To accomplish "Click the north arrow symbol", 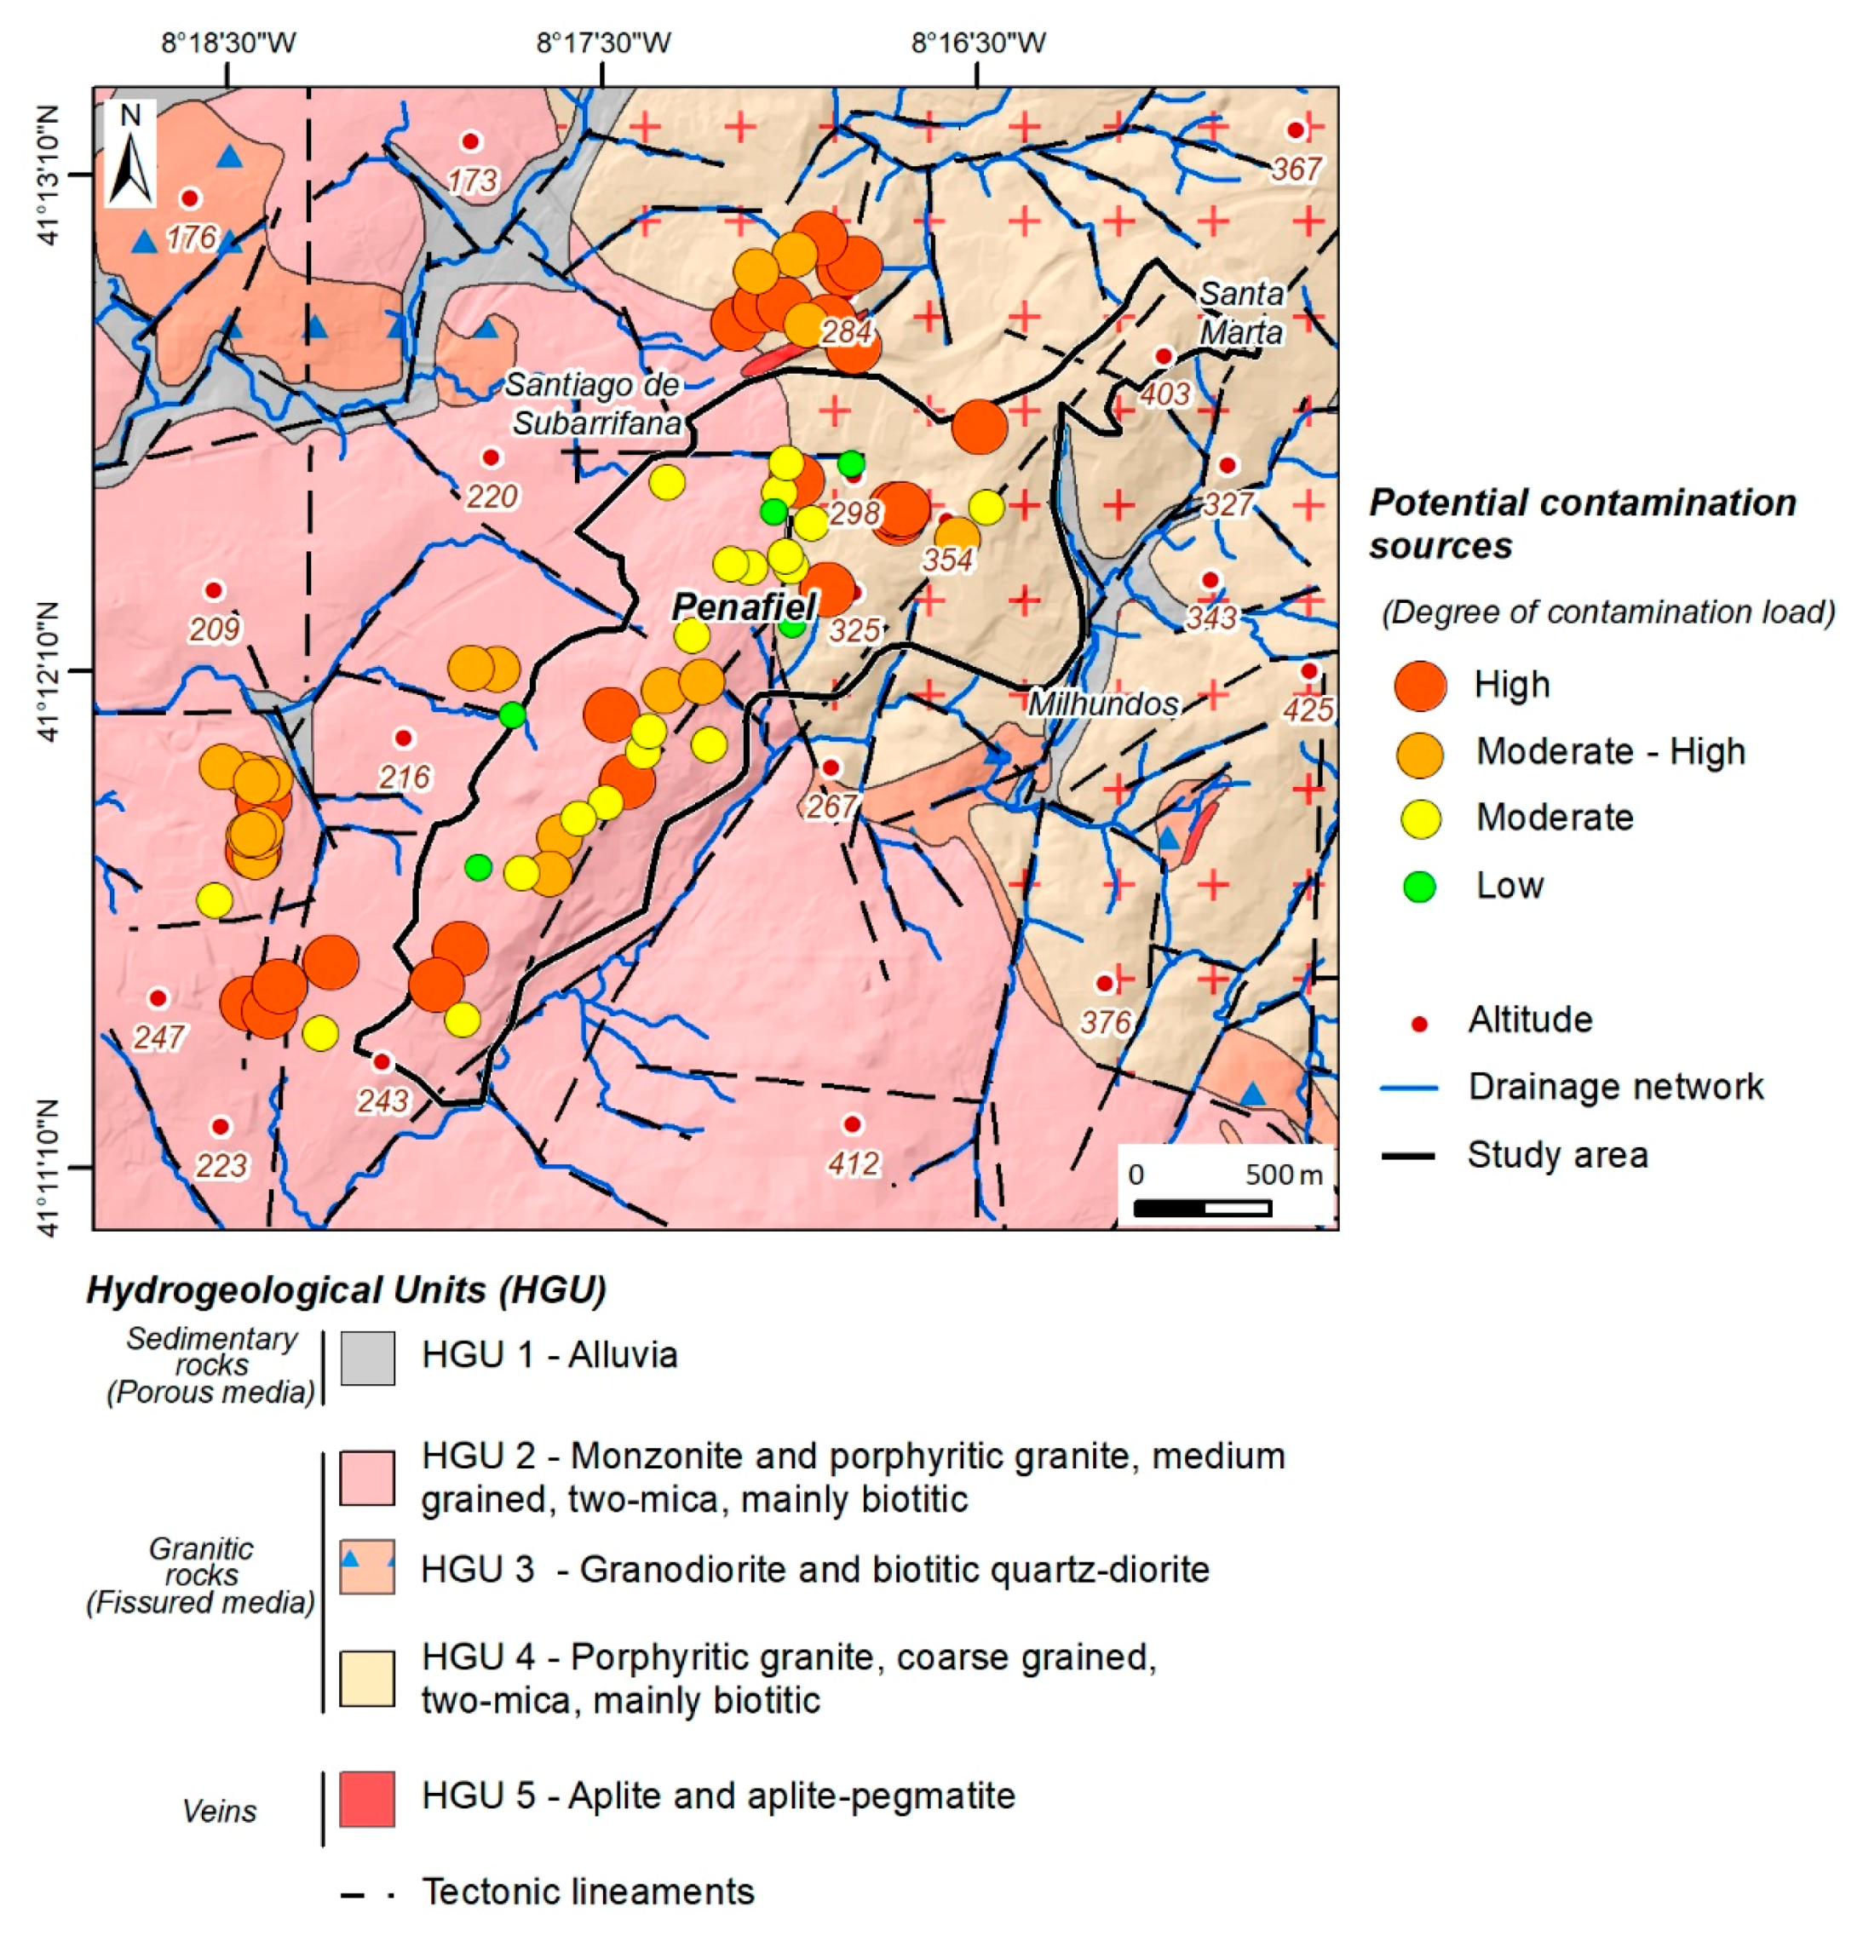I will [x=130, y=154].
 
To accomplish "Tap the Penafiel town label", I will [x=743, y=606].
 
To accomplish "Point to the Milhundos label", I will [x=1102, y=704].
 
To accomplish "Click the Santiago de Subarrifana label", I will [x=594, y=404].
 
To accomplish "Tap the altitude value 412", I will [x=853, y=1163].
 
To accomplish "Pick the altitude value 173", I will [x=472, y=181].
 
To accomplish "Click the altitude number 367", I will [x=1295, y=169].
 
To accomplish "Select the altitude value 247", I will [x=158, y=1037].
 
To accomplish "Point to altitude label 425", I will [x=1308, y=709].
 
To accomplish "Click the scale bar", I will [x=1201, y=1207].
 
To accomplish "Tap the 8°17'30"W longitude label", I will [x=604, y=43].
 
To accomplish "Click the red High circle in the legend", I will [x=1419, y=686].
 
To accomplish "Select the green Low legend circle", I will [x=1419, y=886].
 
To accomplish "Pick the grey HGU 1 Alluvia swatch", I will [x=366, y=1357].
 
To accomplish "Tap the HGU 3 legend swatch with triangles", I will [x=366, y=1566].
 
